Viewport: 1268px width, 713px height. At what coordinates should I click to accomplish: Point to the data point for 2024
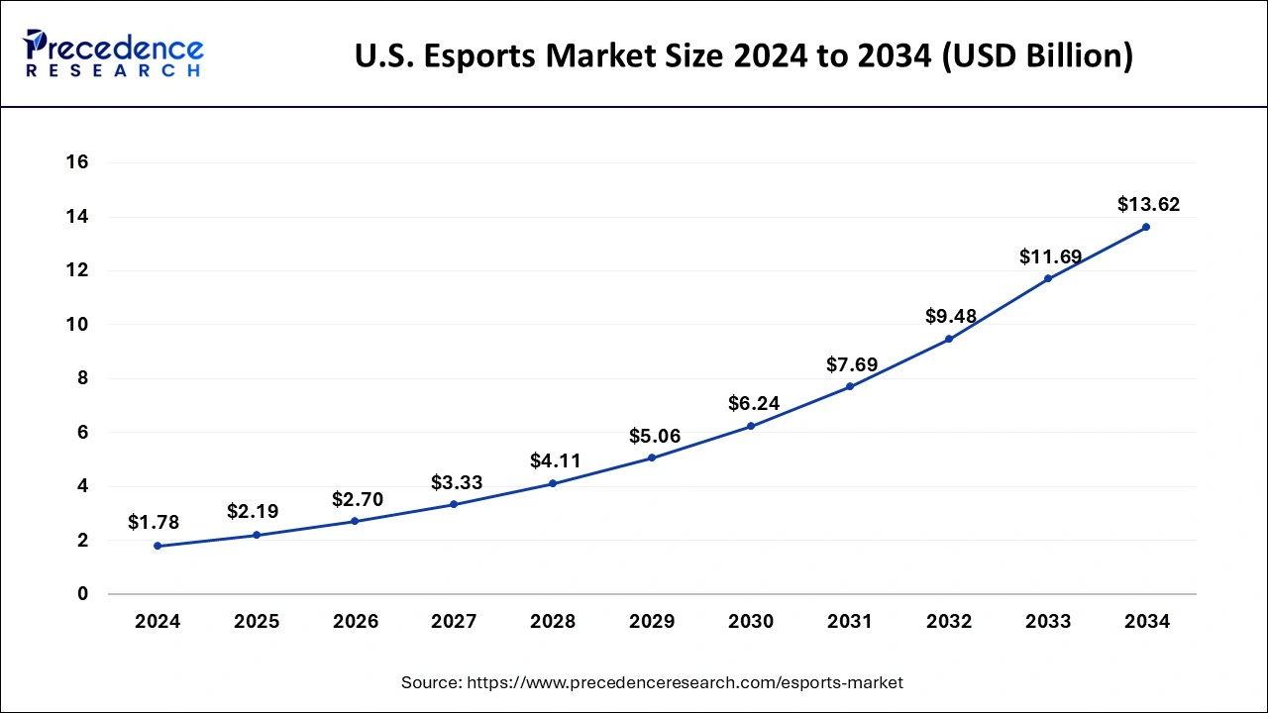(x=158, y=546)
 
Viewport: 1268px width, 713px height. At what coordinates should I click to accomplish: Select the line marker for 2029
(x=652, y=458)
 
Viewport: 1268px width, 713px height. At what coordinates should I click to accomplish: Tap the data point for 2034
(x=1146, y=227)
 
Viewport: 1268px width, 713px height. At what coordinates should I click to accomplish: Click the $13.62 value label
(x=1148, y=205)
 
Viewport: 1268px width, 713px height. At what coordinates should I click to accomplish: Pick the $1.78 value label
(x=154, y=522)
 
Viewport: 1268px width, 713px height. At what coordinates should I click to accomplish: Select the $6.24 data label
(x=754, y=403)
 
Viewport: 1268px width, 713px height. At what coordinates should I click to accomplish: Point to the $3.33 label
(x=457, y=482)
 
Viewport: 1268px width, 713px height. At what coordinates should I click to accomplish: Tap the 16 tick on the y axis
(x=77, y=162)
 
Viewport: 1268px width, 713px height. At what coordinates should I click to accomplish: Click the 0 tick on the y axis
(x=83, y=594)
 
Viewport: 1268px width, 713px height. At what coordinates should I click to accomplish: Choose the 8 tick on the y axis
(x=83, y=378)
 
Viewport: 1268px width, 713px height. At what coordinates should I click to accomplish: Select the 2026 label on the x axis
(x=355, y=622)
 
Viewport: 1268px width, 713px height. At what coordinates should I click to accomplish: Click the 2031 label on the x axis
(x=850, y=622)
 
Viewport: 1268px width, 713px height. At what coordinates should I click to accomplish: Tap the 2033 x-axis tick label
(x=1048, y=622)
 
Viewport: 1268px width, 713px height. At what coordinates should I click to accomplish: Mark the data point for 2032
(x=949, y=339)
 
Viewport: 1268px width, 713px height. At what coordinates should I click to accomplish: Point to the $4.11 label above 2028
(x=556, y=460)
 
